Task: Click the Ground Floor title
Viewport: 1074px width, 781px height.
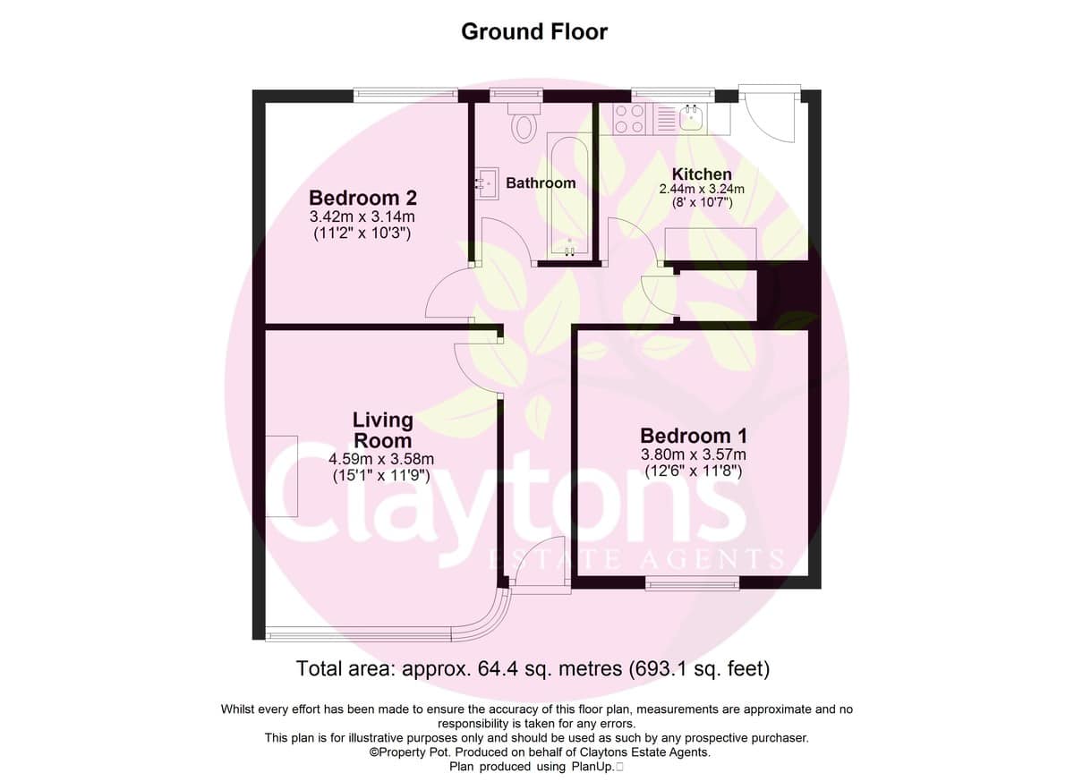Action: pos(534,32)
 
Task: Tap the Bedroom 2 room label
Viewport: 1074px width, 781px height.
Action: pos(362,198)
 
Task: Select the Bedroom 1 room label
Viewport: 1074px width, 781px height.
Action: pos(694,436)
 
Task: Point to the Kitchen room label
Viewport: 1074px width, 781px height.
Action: pos(702,174)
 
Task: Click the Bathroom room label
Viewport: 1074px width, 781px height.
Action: pos(541,183)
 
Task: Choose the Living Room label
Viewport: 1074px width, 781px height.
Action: pos(383,430)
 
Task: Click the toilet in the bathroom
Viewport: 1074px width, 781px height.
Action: pos(524,123)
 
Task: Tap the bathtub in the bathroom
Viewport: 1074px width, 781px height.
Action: pos(569,197)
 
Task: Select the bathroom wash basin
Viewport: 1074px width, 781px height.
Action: pos(486,183)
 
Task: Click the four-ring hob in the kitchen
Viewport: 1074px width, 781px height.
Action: pos(629,119)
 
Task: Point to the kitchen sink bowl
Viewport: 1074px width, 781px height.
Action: pos(691,118)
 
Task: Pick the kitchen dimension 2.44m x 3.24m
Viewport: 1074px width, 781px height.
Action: pos(702,189)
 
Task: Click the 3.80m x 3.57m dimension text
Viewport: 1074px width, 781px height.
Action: pos(694,454)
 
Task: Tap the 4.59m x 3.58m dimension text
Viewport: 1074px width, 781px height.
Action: pos(381,459)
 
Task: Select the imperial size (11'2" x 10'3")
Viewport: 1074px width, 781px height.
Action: pos(362,233)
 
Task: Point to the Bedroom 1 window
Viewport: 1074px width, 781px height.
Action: pos(692,582)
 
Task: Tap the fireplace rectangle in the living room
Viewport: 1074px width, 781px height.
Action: pos(282,476)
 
